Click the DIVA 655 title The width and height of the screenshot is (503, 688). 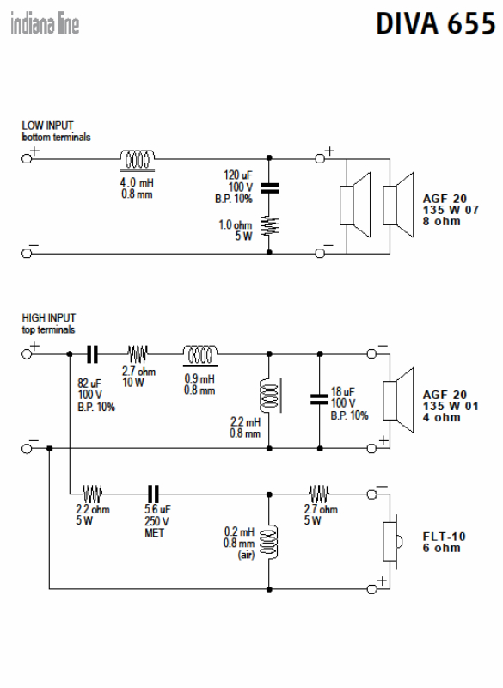[x=436, y=23]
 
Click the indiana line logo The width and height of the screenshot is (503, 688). [x=45, y=23]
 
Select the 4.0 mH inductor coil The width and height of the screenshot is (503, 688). [x=138, y=160]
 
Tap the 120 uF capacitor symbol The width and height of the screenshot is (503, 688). [x=269, y=188]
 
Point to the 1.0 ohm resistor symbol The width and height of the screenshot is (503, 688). [x=269, y=226]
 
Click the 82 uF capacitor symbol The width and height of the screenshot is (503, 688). [x=92, y=354]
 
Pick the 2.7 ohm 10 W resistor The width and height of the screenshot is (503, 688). [x=138, y=353]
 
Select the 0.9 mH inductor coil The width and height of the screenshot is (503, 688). [x=200, y=355]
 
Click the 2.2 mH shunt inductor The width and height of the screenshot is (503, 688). [x=271, y=396]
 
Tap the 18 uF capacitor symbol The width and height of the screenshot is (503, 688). [x=319, y=399]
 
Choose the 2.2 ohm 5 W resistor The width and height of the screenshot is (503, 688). [x=93, y=494]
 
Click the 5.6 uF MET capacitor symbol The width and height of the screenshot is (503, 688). [x=153, y=494]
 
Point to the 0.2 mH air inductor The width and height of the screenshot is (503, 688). [x=269, y=543]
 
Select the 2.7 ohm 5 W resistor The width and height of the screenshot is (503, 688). [x=319, y=493]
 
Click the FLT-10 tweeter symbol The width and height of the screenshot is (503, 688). [x=392, y=542]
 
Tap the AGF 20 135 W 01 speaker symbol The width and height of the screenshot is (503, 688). [x=398, y=400]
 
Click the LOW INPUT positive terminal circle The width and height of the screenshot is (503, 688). [x=27, y=158]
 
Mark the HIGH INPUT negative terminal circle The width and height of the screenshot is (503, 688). [x=27, y=448]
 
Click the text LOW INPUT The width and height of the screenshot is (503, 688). [x=48, y=126]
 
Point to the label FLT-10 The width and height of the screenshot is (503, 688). [x=444, y=536]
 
